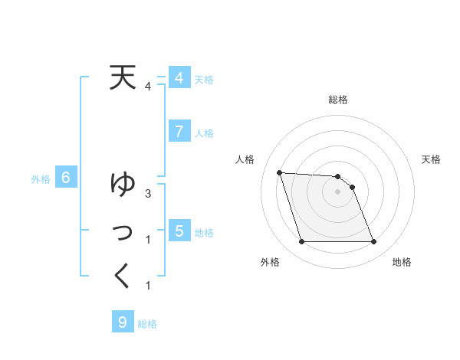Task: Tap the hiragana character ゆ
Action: click(123, 185)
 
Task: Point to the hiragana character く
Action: click(123, 276)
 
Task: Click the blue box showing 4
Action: click(179, 78)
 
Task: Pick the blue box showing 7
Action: click(179, 132)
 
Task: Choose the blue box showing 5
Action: click(179, 231)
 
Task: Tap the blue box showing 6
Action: click(66, 178)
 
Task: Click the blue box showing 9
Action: click(123, 322)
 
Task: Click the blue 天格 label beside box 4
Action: click(204, 79)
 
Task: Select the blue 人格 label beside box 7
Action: click(204, 133)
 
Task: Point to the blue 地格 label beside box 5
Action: click(204, 232)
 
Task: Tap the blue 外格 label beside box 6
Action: click(41, 179)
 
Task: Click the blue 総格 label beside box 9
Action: click(147, 323)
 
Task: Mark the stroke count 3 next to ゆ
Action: click(148, 194)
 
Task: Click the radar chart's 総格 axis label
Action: click(337, 100)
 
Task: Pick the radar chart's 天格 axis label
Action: click(431, 159)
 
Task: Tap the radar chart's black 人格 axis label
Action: click(245, 159)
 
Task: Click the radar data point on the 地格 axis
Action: click(373, 242)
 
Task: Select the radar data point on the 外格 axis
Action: click(301, 242)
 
